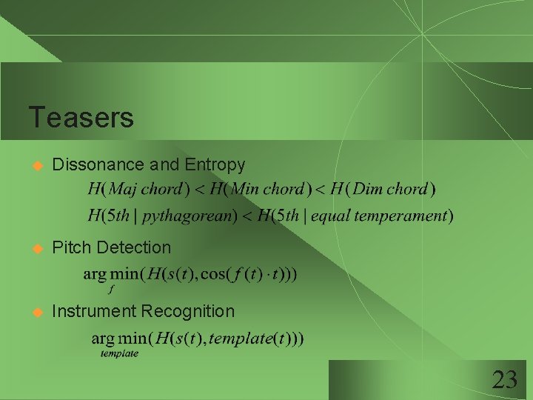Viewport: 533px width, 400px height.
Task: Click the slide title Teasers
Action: [81, 117]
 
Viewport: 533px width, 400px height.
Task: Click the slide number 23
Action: [504, 381]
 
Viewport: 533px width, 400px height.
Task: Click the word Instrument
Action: [94, 311]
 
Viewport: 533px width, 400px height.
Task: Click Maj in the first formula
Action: [122, 188]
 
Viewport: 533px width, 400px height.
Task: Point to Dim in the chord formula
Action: [368, 188]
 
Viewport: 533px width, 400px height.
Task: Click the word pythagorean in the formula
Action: [190, 216]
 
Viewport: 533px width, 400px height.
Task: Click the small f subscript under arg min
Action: [110, 288]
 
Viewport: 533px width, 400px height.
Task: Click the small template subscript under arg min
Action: [119, 354]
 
